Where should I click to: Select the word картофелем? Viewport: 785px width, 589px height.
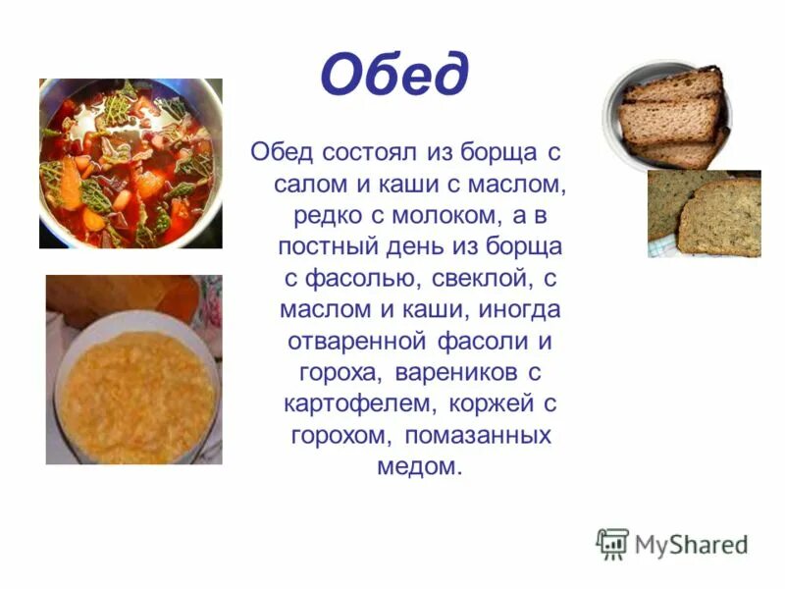point(359,403)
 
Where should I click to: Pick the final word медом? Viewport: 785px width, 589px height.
point(418,466)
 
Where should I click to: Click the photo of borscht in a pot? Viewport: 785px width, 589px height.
point(131,163)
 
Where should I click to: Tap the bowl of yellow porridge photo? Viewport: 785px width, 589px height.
point(133,371)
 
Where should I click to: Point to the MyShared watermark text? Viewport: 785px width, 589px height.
point(691,545)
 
